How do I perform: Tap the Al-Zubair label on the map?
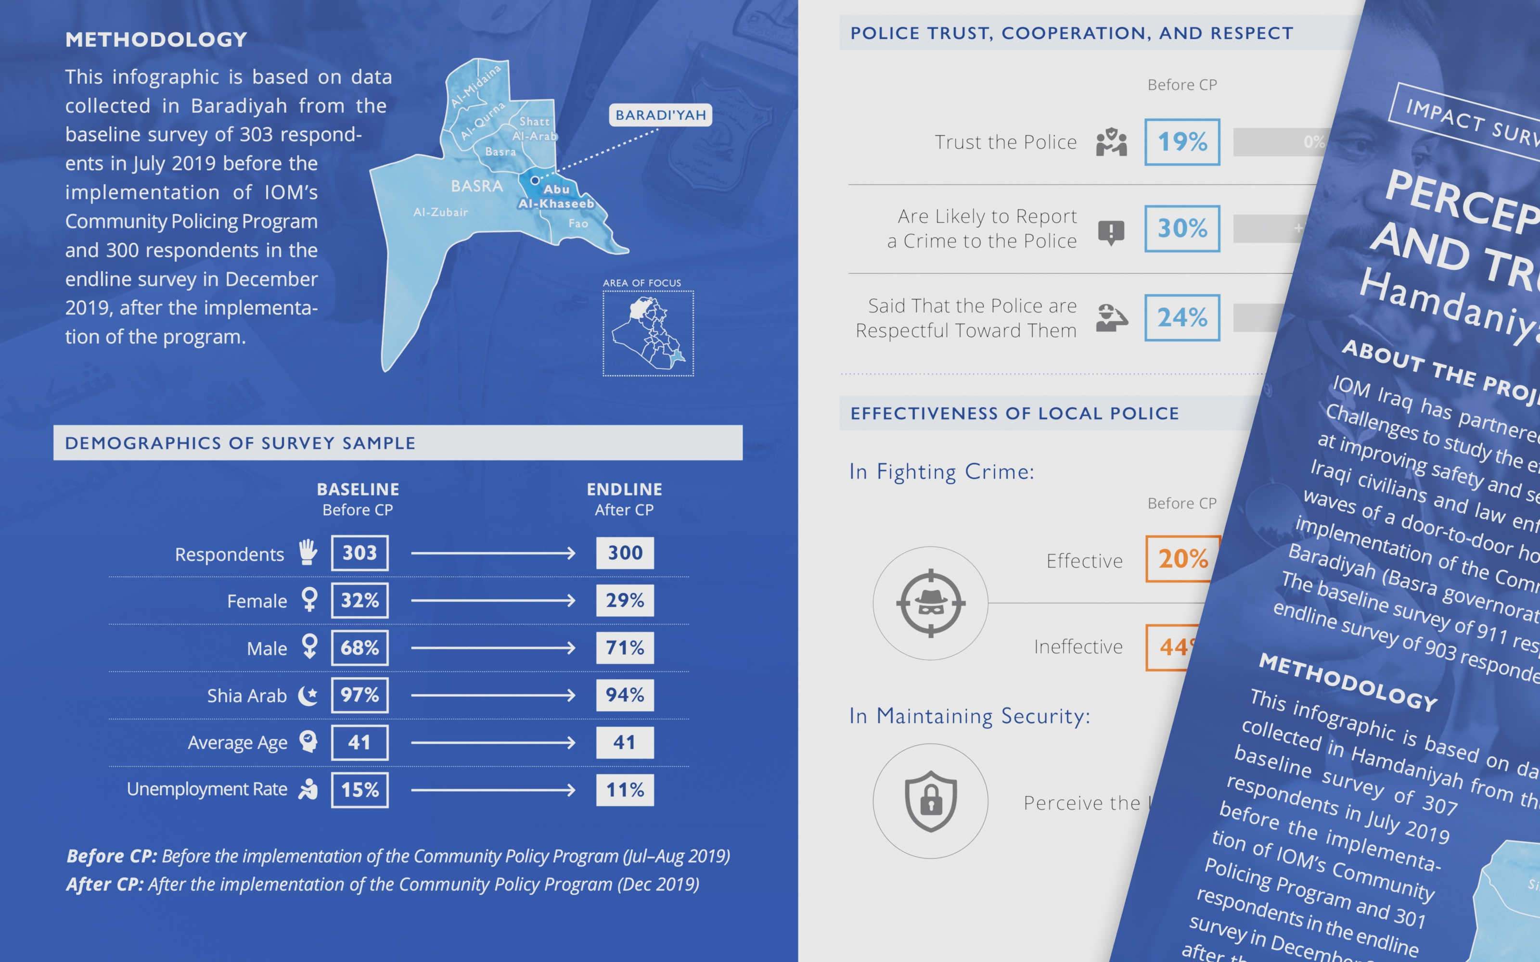440,212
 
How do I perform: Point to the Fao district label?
578,223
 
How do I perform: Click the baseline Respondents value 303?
359,553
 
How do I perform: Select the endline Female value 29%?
624,600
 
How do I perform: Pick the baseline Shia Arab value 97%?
359,695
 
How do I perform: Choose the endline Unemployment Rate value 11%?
624,790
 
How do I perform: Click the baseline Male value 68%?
359,648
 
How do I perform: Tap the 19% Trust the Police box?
1182,142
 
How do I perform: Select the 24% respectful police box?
1182,317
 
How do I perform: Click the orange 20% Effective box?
1182,558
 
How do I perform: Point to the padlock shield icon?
930,801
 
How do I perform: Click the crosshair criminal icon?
930,603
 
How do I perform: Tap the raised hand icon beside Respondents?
308,552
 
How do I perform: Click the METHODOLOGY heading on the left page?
156,39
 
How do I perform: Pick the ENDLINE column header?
624,489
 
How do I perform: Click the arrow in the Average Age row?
493,743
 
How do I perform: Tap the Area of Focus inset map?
648,333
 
